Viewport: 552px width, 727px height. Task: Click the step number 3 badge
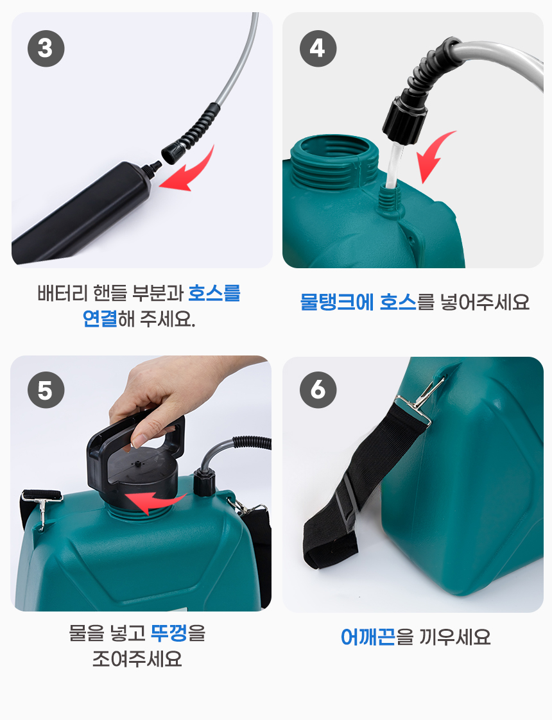(x=46, y=49)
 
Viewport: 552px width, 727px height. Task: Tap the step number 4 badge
(x=318, y=49)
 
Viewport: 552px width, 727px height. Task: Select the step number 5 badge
(x=46, y=390)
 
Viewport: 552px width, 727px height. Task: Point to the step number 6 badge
(x=318, y=390)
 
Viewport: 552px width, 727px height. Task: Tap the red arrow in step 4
(x=434, y=155)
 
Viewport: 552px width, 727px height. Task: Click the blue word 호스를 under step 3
(x=214, y=293)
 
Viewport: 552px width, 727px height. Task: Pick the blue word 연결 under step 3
(x=99, y=318)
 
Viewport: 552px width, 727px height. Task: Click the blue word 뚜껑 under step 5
(x=169, y=633)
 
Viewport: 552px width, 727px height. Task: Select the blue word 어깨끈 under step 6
(x=368, y=637)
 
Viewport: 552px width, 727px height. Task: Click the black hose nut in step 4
(x=404, y=119)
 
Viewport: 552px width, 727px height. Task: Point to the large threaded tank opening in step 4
(x=332, y=160)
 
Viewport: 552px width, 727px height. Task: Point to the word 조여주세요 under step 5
(x=137, y=658)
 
